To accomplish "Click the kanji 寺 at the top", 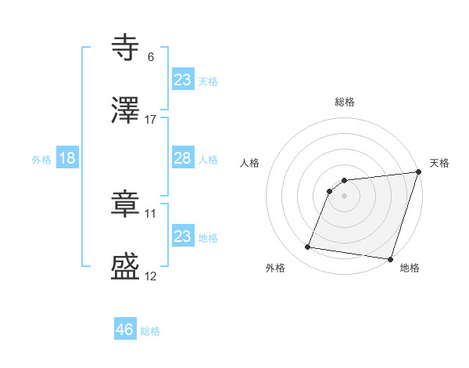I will pos(125,48).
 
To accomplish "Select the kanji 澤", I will pos(125,110).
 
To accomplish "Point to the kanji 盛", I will pos(125,266).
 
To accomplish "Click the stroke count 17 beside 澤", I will pos(151,119).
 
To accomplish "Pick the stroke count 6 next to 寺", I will pos(151,56).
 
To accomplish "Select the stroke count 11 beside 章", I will pos(151,212).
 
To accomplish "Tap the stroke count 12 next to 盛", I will pos(151,275).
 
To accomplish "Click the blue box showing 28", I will pos(182,158).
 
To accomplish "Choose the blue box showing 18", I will pos(67,158).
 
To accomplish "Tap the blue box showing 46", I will pos(124,330).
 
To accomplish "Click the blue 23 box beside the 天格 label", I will pos(182,80).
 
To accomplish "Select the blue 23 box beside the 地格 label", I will pos(182,236).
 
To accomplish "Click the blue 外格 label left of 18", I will pos(41,160).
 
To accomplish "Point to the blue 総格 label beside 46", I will pos(150,331).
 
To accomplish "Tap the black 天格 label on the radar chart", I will pos(439,163).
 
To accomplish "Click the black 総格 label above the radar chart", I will pos(345,102).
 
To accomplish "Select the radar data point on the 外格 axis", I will pos(308,247).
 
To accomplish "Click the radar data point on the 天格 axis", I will pos(418,173).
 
